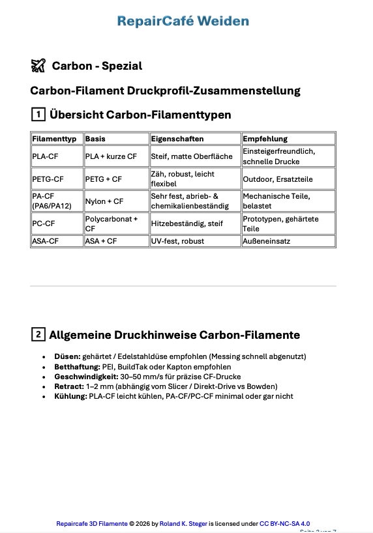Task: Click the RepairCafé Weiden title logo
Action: [183, 22]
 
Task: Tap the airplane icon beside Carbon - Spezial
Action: [38, 65]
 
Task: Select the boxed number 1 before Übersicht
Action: [38, 115]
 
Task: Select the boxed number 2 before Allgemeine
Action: [38, 335]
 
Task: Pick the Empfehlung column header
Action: [265, 139]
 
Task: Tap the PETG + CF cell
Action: [104, 179]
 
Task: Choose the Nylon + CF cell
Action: [104, 201]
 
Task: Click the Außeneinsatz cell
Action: [267, 241]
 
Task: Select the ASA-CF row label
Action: [46, 241]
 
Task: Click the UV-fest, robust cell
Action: [177, 241]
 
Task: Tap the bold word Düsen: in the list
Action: [67, 356]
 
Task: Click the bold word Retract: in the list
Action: [69, 386]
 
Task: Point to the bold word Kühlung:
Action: [70, 396]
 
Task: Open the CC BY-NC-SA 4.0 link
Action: [285, 523]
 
